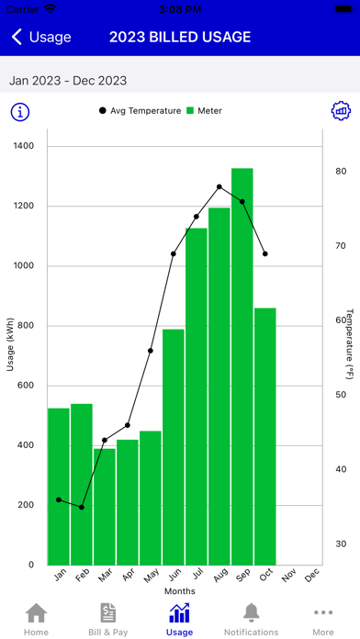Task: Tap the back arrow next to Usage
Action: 17,37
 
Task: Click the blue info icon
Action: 20,112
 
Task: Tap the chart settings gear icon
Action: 341,110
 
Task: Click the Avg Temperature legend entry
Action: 140,110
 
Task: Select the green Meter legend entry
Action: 204,110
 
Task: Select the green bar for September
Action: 242,366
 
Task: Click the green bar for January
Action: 59,487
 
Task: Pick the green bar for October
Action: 265,436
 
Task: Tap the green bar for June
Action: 174,447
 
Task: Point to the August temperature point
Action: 219,186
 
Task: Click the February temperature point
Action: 82,508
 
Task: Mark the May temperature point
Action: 151,351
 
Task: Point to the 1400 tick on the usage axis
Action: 26,146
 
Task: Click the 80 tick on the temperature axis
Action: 341,171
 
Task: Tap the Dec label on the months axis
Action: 311,575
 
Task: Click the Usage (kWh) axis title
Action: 11,344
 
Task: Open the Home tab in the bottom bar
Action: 36,620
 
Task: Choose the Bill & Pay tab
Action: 108,620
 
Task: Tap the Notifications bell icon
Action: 251,612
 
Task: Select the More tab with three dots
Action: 323,620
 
